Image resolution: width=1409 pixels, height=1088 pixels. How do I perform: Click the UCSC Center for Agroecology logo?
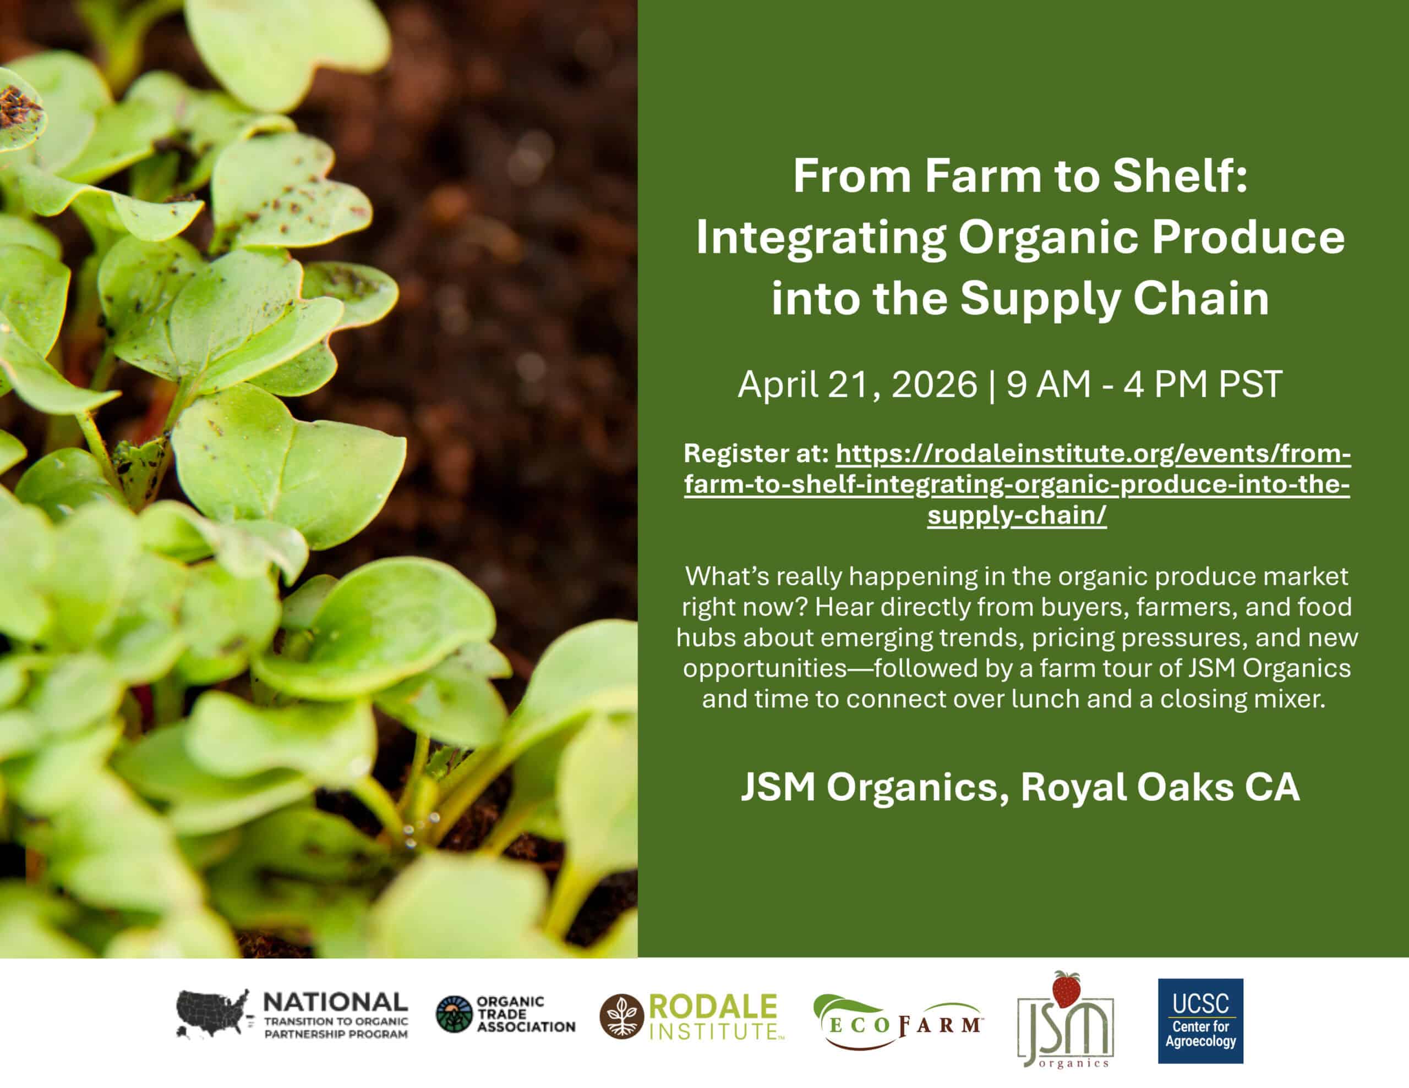(1200, 1021)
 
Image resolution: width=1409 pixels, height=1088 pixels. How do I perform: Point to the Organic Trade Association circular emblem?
(454, 1014)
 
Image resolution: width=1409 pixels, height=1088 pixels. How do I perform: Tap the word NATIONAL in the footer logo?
(336, 1002)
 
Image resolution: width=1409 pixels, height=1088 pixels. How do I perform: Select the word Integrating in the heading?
(821, 239)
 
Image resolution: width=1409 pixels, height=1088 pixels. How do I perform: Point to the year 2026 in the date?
(934, 385)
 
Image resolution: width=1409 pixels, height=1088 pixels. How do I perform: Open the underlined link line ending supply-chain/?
(1017, 516)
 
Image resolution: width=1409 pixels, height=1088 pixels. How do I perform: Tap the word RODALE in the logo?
(714, 1007)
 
